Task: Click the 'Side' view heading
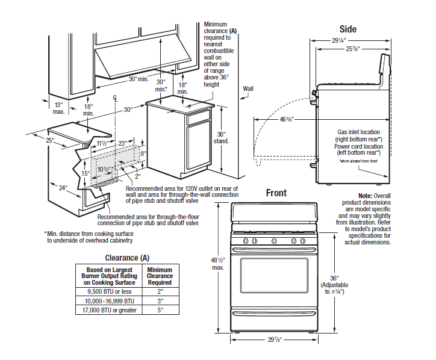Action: (347, 29)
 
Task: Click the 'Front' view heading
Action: (276, 193)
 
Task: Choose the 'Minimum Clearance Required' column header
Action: (160, 276)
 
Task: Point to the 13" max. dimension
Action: (59, 108)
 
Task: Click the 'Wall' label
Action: (248, 88)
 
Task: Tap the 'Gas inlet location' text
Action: (355, 132)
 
